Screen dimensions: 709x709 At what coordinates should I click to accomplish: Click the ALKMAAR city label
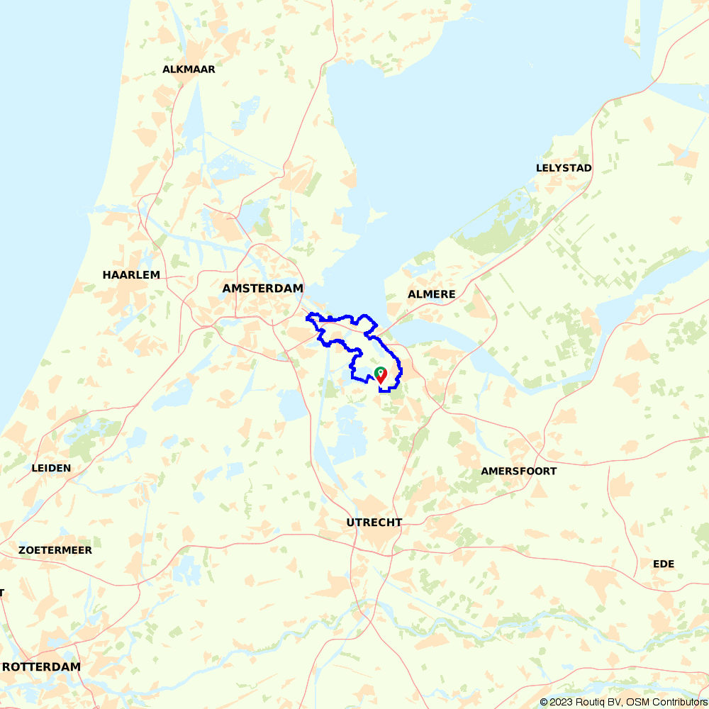coord(189,69)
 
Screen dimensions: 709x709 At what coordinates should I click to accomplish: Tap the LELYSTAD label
coord(564,168)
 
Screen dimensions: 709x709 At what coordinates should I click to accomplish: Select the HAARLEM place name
coord(131,274)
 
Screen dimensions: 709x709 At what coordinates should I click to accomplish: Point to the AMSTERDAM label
coord(262,289)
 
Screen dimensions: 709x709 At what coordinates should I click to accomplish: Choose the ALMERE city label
coord(431,294)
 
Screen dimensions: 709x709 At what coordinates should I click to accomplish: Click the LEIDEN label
coord(51,468)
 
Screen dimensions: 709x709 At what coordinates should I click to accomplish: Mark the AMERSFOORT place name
coord(518,471)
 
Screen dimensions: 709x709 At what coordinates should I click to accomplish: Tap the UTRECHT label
coord(374,523)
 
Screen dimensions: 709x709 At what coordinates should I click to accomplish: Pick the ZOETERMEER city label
coord(55,550)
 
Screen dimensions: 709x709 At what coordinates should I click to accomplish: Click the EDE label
coord(664,564)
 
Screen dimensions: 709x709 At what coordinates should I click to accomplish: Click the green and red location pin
coord(380,375)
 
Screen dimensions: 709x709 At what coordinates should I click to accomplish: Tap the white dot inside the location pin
coord(380,372)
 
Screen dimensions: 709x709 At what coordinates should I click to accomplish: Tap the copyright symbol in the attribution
coord(544,702)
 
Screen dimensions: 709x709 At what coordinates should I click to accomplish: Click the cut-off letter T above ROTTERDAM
coord(2,592)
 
